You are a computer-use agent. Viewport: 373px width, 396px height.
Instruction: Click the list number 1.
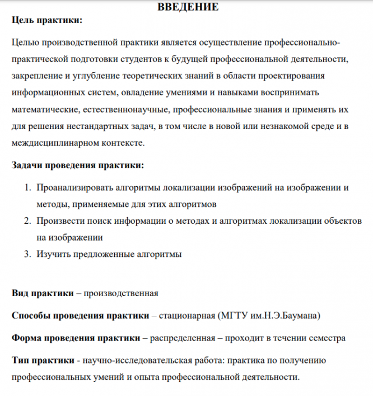(26, 188)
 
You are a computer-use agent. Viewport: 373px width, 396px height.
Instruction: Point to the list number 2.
(26, 221)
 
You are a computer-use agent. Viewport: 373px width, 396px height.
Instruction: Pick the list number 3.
(26, 254)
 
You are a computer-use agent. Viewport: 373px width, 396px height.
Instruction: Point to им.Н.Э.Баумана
(286, 316)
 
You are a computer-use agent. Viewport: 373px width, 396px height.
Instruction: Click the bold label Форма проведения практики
(76, 338)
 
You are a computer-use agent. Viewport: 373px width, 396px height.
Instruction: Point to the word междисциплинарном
(57, 144)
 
